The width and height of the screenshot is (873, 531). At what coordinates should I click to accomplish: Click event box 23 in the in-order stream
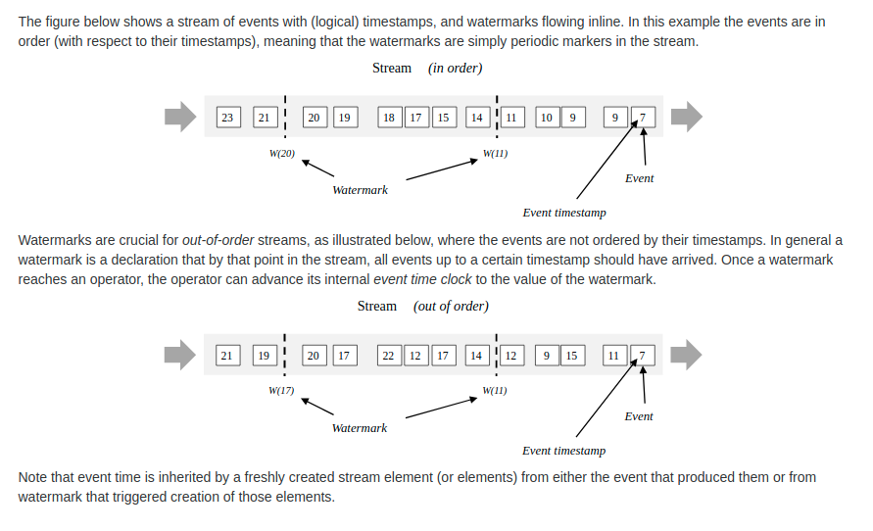[227, 118]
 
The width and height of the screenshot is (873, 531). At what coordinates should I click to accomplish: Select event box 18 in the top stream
[389, 118]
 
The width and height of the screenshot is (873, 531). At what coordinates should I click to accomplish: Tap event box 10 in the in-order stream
[547, 118]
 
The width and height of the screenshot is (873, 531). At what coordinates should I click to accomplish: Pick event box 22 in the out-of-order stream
[388, 356]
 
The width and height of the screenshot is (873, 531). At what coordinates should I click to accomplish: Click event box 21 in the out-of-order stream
[226, 356]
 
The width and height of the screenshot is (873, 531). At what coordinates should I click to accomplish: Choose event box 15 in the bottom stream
[571, 356]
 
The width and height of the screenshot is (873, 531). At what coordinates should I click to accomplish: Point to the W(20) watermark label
[282, 154]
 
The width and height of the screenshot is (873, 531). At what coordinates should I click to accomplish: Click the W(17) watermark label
[281, 391]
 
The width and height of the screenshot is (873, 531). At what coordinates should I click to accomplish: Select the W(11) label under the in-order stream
[495, 154]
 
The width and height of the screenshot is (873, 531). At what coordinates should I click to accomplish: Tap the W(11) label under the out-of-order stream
[495, 391]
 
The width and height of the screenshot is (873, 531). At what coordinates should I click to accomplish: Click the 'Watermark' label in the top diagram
[360, 190]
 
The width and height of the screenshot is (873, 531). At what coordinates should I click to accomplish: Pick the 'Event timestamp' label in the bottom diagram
[563, 451]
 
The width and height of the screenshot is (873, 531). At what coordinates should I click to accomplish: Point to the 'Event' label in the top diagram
[639, 178]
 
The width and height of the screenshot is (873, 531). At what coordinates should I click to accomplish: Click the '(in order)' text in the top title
[455, 69]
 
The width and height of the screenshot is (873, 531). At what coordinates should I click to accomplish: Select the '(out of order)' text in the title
[451, 307]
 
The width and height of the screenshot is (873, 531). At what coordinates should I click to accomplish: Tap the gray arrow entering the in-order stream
[180, 117]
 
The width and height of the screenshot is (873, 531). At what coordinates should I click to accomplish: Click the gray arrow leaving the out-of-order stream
[686, 355]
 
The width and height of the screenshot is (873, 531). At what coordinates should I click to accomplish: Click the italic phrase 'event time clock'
[422, 279]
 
